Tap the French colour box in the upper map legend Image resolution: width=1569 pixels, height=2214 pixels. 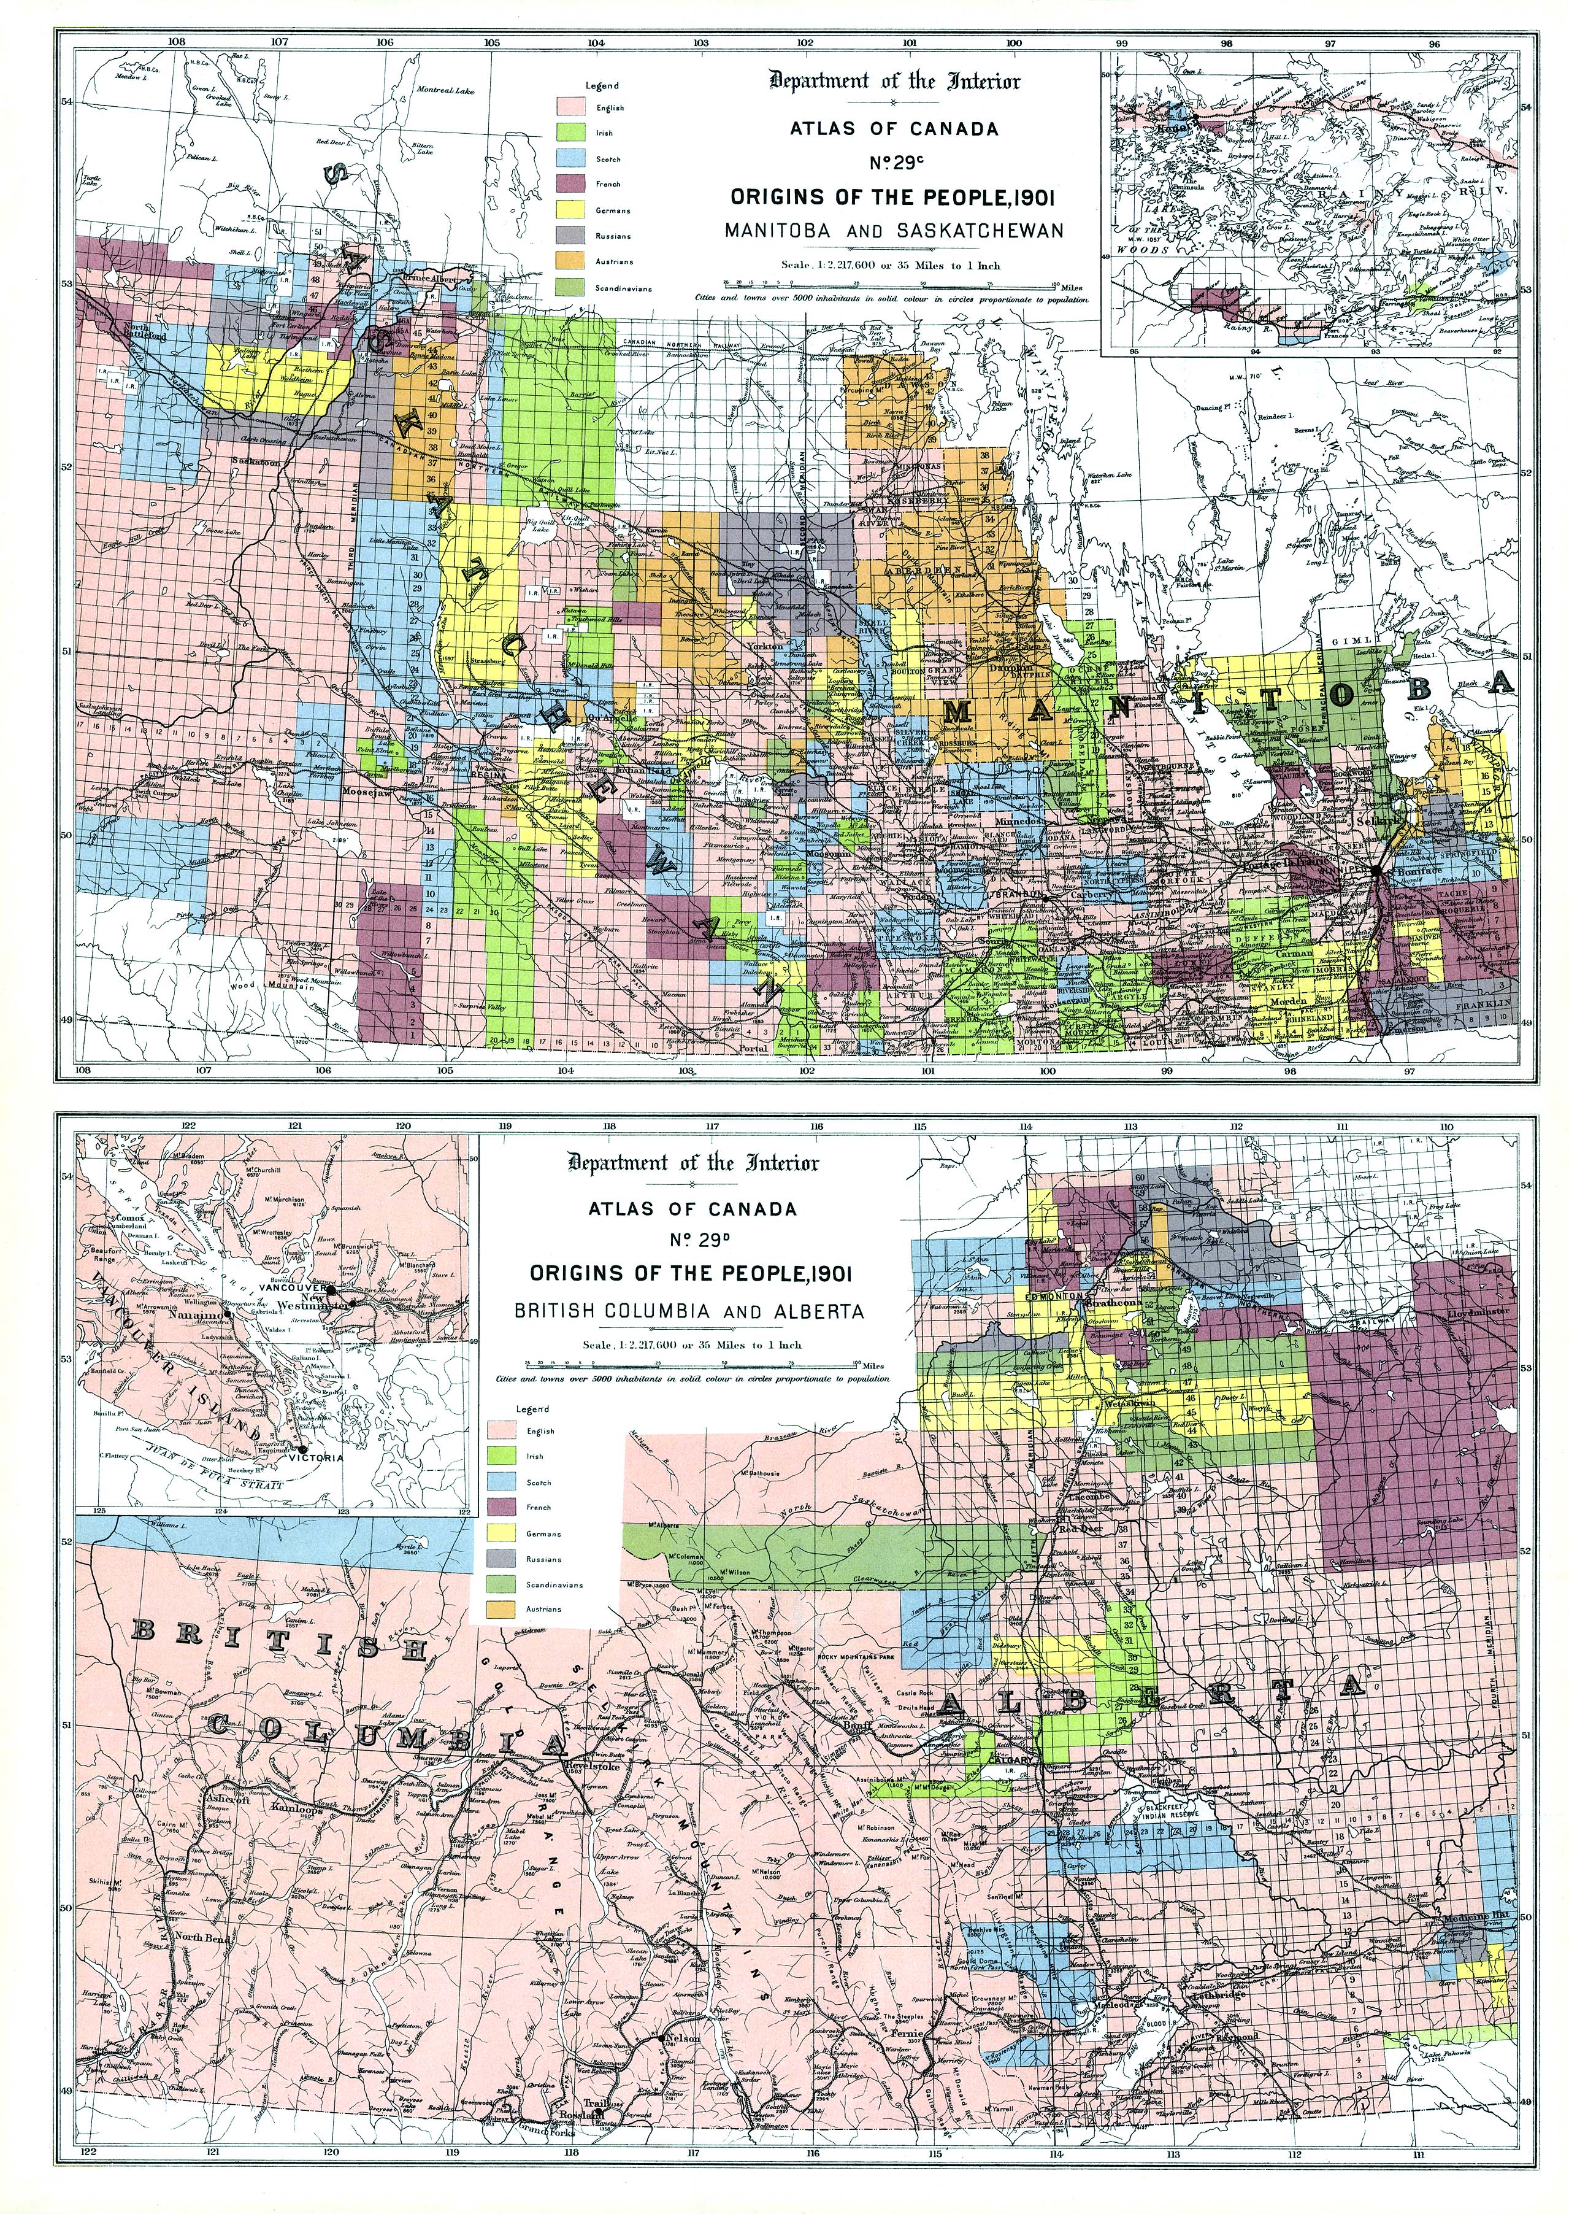(572, 183)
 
